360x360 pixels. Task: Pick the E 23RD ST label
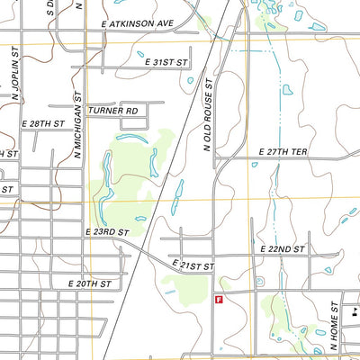108,231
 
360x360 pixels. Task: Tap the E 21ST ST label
193,266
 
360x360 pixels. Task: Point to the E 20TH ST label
89,283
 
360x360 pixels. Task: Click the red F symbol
218,301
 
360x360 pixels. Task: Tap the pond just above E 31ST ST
140,53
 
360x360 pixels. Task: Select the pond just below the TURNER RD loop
130,138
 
